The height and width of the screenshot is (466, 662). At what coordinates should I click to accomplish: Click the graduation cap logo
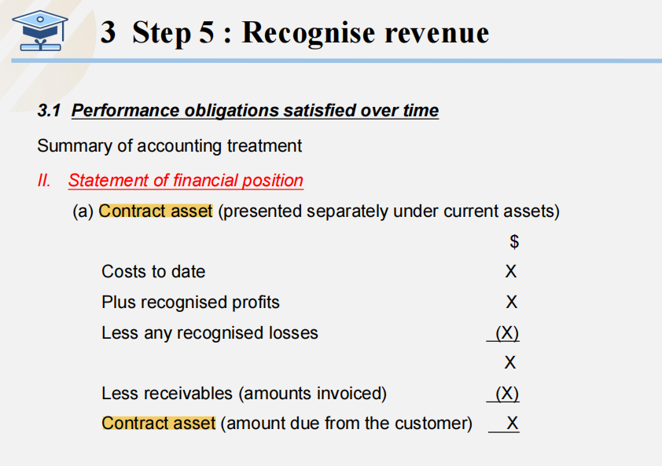tap(40, 31)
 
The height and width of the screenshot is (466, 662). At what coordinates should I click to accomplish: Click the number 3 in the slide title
tap(108, 32)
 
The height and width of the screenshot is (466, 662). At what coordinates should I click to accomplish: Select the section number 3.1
tap(49, 111)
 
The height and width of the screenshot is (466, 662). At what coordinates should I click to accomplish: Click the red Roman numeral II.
tap(44, 180)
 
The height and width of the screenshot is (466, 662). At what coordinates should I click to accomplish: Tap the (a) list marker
tap(83, 211)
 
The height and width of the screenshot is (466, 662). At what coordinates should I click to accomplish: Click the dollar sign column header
tap(514, 241)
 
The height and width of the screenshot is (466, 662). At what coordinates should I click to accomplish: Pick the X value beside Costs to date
tap(511, 271)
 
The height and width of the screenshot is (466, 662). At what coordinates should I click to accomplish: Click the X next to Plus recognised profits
tap(511, 303)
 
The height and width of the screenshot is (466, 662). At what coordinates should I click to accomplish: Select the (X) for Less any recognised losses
tap(507, 333)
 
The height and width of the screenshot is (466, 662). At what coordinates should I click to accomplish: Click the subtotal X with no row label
tap(510, 362)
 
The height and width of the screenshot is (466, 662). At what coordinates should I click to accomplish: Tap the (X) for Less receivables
tap(507, 394)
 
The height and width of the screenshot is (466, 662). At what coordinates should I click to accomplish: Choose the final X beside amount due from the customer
tap(512, 423)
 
